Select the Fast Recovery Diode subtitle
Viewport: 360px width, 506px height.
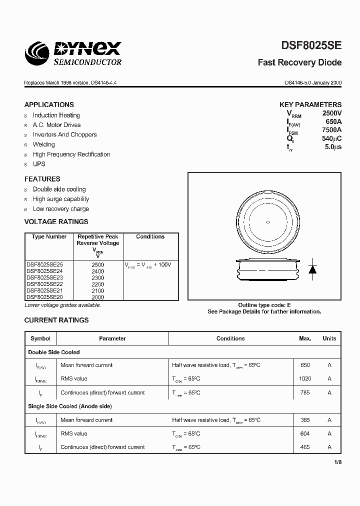299,62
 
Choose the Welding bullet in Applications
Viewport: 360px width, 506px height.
43,144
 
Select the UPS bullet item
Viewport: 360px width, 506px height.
39,164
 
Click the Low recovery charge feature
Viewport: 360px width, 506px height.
60,209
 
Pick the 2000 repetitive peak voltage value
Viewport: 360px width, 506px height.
98,297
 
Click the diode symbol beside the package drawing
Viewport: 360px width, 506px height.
313,268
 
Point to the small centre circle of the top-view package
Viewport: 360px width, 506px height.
267,222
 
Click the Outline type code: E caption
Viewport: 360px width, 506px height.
264,305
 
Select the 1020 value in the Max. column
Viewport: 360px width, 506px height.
305,379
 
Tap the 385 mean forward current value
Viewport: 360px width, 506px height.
305,420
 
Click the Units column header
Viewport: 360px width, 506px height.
329,338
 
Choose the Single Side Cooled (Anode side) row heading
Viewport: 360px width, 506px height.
70,406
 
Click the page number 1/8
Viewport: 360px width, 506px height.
337,462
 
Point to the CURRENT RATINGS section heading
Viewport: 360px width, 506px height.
56,320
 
